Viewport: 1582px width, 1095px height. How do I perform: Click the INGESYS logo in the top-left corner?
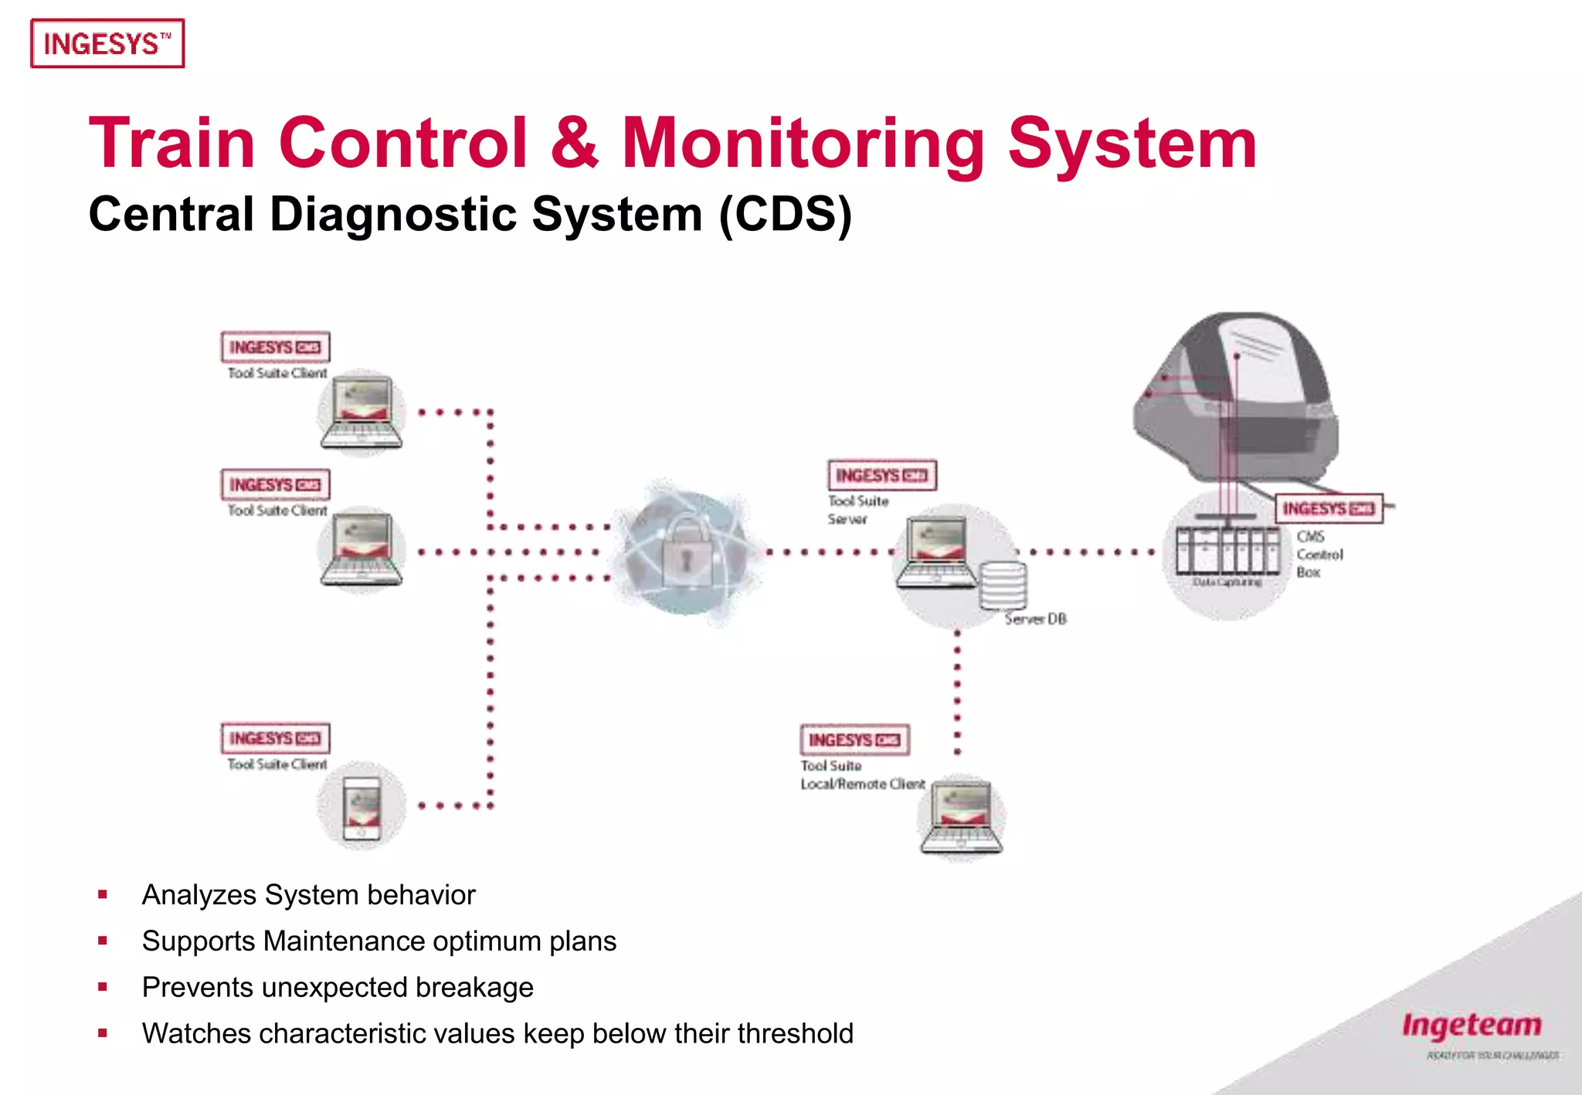(107, 44)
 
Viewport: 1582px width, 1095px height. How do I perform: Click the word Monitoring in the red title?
(803, 144)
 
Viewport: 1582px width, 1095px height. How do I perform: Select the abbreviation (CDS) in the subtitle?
(785, 215)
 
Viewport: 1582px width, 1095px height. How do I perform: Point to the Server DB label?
(1035, 619)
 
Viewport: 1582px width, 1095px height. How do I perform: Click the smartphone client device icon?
(362, 808)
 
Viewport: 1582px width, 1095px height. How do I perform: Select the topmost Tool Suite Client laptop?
(362, 413)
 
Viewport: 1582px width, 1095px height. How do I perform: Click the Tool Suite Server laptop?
(937, 551)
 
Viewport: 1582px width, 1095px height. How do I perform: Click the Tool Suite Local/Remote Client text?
(861, 775)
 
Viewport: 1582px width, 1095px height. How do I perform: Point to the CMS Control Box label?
(1319, 554)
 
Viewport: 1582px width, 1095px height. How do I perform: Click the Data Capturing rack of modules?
(1227, 550)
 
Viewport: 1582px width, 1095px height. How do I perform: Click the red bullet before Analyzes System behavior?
(103, 895)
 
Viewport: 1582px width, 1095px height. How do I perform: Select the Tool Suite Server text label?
(857, 510)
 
